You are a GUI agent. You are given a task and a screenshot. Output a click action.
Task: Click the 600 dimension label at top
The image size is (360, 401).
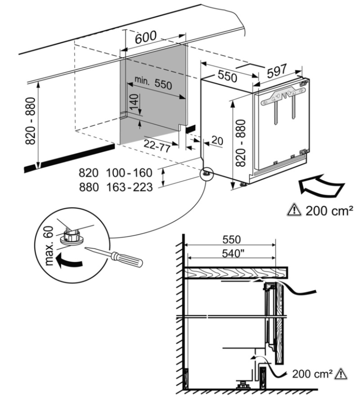click(145, 38)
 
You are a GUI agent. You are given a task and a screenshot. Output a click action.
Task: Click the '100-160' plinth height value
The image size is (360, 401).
click(129, 173)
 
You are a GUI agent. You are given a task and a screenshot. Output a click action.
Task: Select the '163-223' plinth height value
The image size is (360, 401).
click(129, 187)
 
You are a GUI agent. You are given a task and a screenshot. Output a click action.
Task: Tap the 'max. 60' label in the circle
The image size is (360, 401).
click(51, 248)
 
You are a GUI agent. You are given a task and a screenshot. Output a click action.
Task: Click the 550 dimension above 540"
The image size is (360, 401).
click(231, 239)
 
